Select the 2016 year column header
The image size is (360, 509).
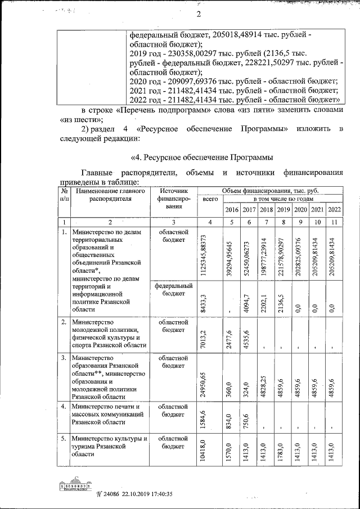232,210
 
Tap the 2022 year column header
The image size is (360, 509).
334,210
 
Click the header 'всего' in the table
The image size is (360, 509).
210,199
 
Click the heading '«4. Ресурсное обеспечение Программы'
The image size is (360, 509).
202,156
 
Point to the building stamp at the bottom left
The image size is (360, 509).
78,484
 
